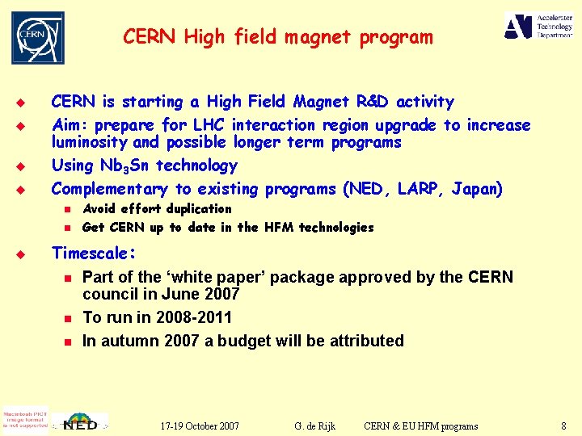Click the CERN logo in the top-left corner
click(37, 37)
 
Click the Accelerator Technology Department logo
click(540, 26)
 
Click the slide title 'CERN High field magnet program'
click(277, 37)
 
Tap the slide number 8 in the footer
click(563, 426)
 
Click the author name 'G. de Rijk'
click(316, 426)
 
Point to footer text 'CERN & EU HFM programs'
click(420, 426)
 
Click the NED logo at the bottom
click(81, 422)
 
